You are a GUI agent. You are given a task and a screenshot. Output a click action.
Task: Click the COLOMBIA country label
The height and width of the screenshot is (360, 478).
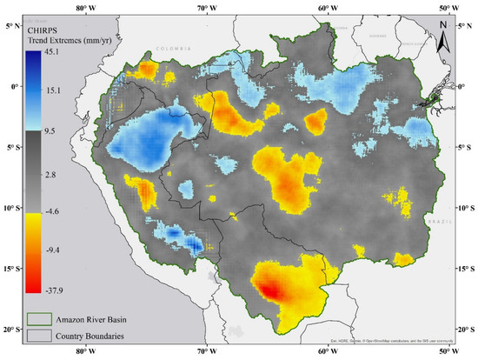coord(173,49)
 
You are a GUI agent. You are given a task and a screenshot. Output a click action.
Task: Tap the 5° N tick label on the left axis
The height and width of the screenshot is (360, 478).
coord(11,25)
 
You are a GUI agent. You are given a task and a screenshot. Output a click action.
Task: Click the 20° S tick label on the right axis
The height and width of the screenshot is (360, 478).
coord(467,330)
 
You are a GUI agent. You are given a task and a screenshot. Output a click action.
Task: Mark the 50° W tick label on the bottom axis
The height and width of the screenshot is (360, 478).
coord(445,353)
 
